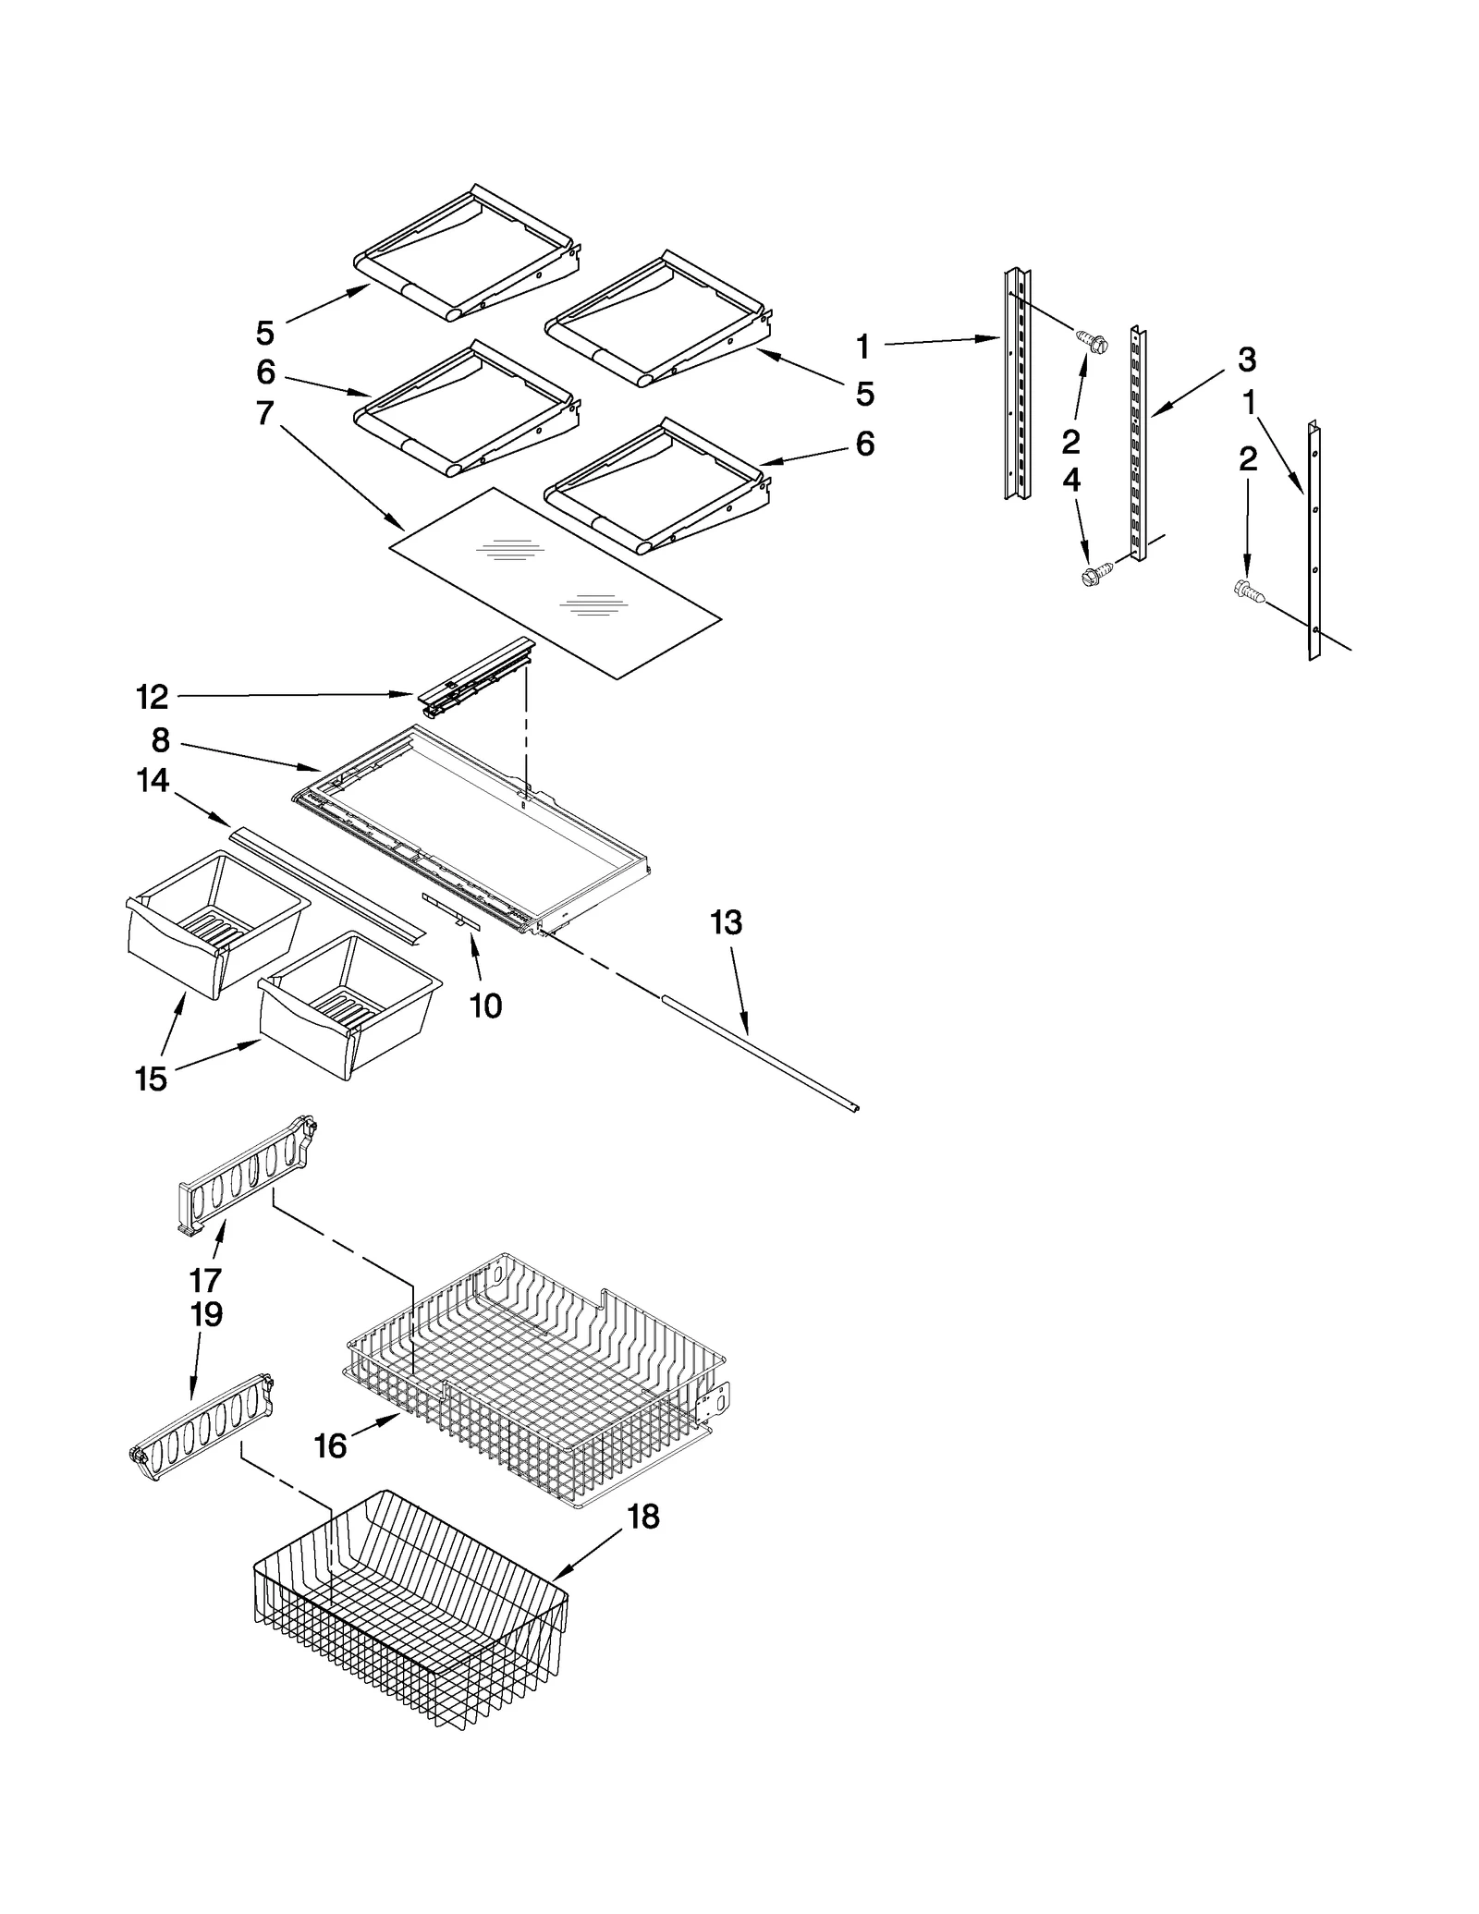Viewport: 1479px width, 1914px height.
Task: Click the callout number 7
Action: (x=265, y=413)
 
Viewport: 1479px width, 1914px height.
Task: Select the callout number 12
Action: (x=153, y=697)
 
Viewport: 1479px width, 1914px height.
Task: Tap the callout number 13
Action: (x=726, y=922)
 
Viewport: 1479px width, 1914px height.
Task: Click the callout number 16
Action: (x=330, y=1445)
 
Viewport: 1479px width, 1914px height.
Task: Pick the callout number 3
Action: (x=1246, y=360)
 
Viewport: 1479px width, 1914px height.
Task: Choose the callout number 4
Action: (x=1070, y=480)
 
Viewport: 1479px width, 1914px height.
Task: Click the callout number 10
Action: (x=485, y=1006)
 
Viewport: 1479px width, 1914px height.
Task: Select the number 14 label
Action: (x=153, y=781)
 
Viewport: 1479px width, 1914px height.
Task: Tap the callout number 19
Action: (x=206, y=1314)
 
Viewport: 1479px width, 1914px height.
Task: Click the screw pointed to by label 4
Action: (x=1094, y=576)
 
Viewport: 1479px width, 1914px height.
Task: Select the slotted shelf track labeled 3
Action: (x=1137, y=444)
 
